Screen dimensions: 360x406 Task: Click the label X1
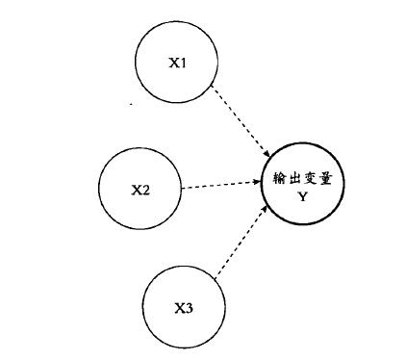(177, 63)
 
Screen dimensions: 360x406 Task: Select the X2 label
(140, 189)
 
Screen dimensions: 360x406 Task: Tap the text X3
(184, 309)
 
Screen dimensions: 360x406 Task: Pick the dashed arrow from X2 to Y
(221, 184)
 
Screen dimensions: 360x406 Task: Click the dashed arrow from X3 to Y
(241, 245)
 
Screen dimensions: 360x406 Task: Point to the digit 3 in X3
(189, 309)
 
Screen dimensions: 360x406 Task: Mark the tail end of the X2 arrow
(183, 188)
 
